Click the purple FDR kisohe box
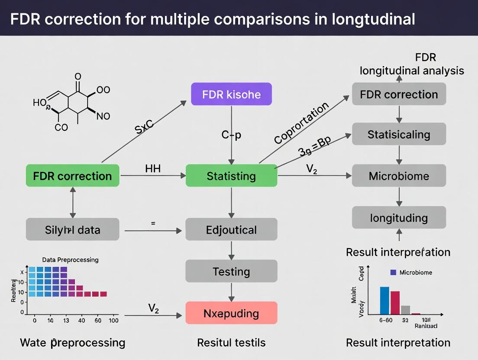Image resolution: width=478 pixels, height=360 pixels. click(232, 94)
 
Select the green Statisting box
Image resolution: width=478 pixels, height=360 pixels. click(232, 176)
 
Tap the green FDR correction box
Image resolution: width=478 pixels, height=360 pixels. click(72, 176)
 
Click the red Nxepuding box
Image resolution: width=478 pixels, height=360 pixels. click(232, 313)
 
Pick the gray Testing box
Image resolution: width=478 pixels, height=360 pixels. click(232, 271)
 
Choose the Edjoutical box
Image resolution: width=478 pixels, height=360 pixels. click(232, 229)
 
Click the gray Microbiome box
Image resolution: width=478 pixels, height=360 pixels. click(399, 176)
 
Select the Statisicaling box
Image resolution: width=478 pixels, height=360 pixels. click(399, 134)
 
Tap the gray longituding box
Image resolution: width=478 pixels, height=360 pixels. click(399, 218)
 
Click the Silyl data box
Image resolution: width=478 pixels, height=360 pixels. click(72, 229)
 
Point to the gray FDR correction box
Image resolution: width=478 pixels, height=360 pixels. click(399, 94)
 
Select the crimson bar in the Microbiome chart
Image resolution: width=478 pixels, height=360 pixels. click(395, 302)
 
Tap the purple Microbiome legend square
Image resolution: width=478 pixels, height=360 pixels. click(393, 273)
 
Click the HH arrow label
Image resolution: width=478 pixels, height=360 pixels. click(153, 169)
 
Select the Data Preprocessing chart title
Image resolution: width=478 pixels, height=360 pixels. click(70, 260)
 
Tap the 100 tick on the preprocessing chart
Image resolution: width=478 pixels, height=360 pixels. click(114, 321)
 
